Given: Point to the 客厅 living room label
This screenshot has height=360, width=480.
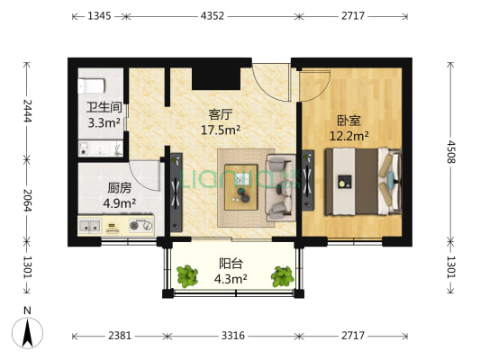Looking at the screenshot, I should pyautogui.click(x=221, y=115).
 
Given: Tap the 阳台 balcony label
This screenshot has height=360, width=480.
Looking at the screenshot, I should pyautogui.click(x=231, y=264).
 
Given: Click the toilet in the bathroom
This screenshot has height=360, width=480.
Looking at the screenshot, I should pyautogui.click(x=91, y=85).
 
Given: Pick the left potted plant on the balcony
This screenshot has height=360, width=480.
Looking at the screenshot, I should pyautogui.click(x=188, y=276).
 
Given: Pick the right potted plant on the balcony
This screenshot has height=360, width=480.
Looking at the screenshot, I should pyautogui.click(x=283, y=276).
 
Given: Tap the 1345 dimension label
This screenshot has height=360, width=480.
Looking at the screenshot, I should pyautogui.click(x=100, y=16).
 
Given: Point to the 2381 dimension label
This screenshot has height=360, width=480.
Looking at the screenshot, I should pyautogui.click(x=120, y=336).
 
